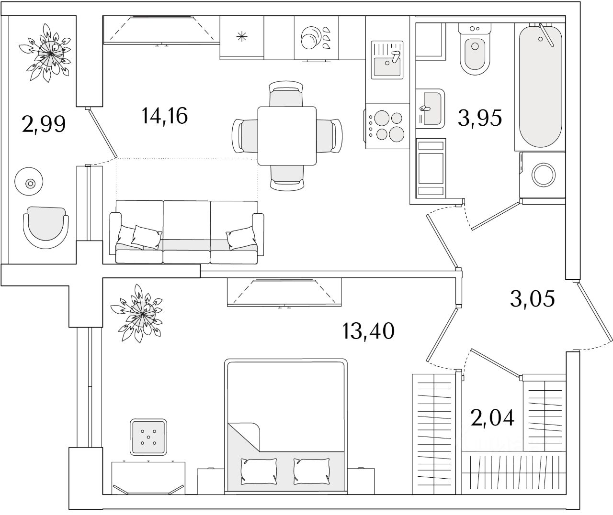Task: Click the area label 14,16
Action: pos(164,116)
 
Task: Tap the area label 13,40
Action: pos(368,330)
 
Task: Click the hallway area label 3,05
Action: pos(532,299)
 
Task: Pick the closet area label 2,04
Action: pos(492,418)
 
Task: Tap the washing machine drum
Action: pos(544,175)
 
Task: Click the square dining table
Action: pos(287,136)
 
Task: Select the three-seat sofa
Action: pos(187,232)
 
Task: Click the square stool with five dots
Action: pos(149,437)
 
